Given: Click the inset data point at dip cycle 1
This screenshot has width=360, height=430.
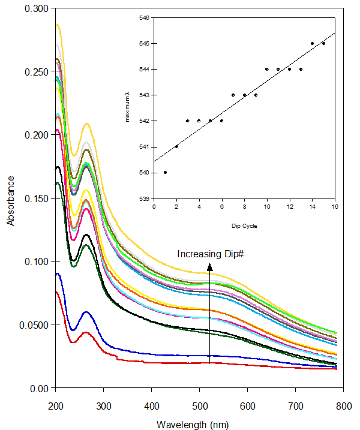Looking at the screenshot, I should (165, 173).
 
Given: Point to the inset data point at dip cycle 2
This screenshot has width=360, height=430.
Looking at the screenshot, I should (176, 146).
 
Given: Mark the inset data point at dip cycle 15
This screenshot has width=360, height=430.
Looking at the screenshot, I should (323, 43).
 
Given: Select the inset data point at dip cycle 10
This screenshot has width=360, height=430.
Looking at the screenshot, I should (267, 69).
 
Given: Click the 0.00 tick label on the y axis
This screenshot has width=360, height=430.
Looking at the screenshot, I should (40, 388).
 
